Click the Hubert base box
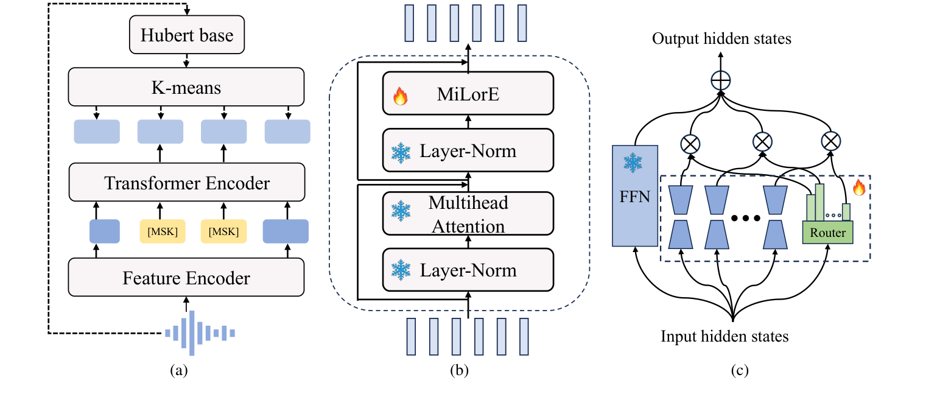pos(186,35)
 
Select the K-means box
pos(186,88)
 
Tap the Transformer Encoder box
pos(186,182)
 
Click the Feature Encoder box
pos(186,278)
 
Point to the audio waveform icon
pos(199,332)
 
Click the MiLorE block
pos(468,94)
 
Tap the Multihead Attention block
pos(468,213)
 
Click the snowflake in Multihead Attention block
pos(401,213)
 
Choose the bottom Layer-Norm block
pos(468,270)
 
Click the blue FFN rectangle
pos(635,195)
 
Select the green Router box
pos(827,233)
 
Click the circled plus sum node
pos(721,80)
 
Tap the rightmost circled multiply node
pos(830,142)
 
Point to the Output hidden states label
pos(721,39)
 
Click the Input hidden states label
pos(724,336)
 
